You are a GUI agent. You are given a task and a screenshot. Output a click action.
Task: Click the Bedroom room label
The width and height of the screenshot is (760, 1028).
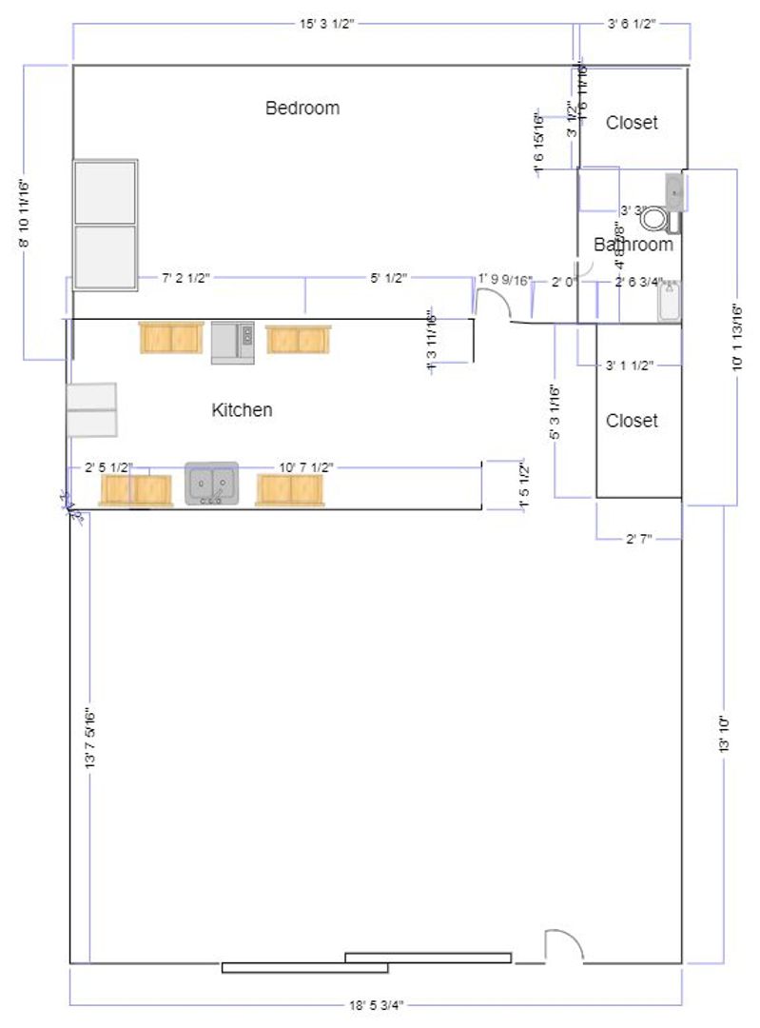pyautogui.click(x=302, y=108)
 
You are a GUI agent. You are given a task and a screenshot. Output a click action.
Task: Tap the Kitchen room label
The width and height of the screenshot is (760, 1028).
pyautogui.click(x=242, y=410)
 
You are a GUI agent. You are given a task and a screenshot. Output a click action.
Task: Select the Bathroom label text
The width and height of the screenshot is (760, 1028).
pyautogui.click(x=633, y=245)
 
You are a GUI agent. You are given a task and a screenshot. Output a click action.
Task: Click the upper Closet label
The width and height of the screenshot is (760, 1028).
pyautogui.click(x=632, y=123)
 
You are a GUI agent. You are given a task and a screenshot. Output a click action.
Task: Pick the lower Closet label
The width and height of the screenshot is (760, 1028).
pyautogui.click(x=632, y=421)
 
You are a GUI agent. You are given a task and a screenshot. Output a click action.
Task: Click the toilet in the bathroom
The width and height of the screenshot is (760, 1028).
pyautogui.click(x=655, y=220)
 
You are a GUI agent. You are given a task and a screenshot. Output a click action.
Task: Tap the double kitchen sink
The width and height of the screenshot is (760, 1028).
pyautogui.click(x=211, y=484)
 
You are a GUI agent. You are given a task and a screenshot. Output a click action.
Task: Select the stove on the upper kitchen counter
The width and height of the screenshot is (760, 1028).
pyautogui.click(x=232, y=343)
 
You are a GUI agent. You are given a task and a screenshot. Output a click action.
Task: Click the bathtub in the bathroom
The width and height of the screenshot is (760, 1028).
pyautogui.click(x=670, y=303)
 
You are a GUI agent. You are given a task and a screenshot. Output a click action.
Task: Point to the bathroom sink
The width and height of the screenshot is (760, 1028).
pyautogui.click(x=674, y=192)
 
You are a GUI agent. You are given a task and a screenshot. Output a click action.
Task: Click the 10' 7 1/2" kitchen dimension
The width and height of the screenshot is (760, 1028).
pyautogui.click(x=306, y=467)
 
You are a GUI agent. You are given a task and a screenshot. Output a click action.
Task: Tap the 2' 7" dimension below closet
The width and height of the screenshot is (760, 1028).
pyautogui.click(x=638, y=540)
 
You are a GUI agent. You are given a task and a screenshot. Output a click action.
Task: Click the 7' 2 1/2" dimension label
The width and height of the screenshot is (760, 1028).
pyautogui.click(x=185, y=278)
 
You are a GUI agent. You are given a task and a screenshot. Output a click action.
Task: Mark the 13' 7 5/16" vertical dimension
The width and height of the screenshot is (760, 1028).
pyautogui.click(x=89, y=738)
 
